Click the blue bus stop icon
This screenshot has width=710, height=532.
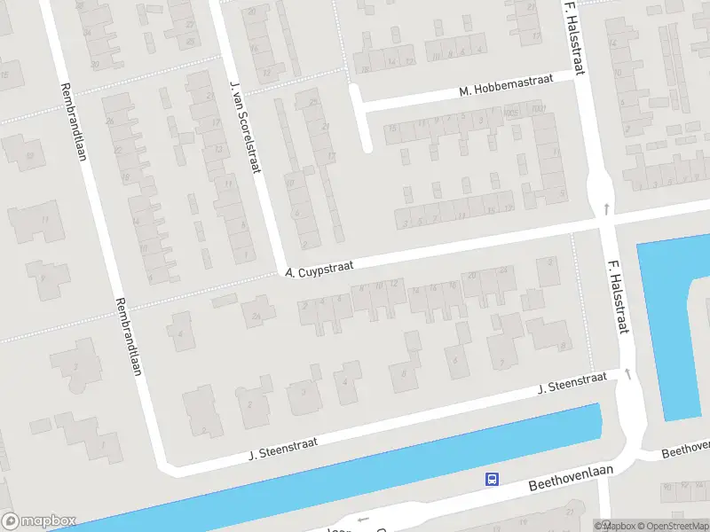(491, 479)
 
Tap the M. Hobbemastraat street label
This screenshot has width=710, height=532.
(506, 85)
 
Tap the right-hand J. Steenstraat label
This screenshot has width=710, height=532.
(572, 384)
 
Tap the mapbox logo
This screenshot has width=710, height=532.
(39, 521)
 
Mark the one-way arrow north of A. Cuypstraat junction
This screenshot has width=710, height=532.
(607, 209)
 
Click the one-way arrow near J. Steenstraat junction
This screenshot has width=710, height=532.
(629, 374)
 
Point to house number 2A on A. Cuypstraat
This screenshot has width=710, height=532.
(256, 316)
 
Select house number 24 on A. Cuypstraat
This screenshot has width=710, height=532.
(503, 270)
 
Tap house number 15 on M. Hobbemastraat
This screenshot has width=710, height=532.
(392, 127)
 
